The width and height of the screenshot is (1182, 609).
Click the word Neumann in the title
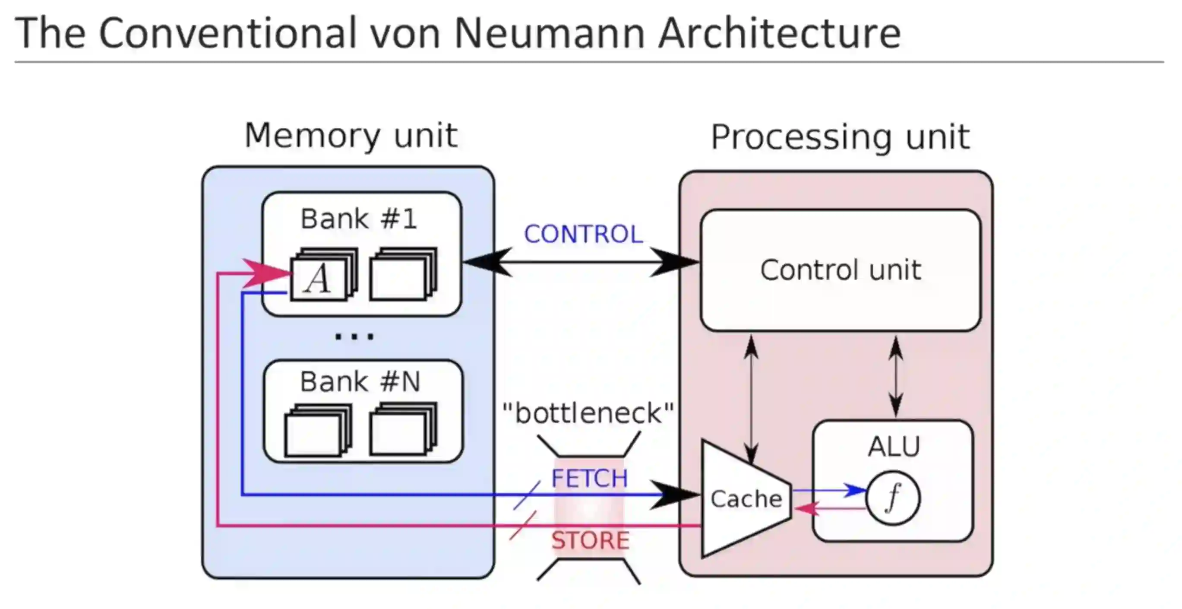click(549, 33)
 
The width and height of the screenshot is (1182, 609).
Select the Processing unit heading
click(840, 137)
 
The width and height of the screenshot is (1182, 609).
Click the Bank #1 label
click(359, 219)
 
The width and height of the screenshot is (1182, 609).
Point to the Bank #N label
click(360, 382)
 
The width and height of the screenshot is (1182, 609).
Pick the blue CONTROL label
click(583, 234)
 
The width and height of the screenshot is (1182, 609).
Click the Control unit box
click(840, 270)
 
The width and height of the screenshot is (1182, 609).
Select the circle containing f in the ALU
click(892, 498)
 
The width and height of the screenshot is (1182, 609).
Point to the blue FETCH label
click(589, 478)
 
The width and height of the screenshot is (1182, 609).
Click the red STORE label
click(590, 540)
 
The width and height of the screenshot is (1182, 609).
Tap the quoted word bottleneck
click(588, 413)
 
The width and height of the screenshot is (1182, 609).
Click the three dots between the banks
click(354, 337)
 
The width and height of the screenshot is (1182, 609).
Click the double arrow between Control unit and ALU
click(896, 376)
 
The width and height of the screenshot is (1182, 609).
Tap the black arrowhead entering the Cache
click(674, 495)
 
